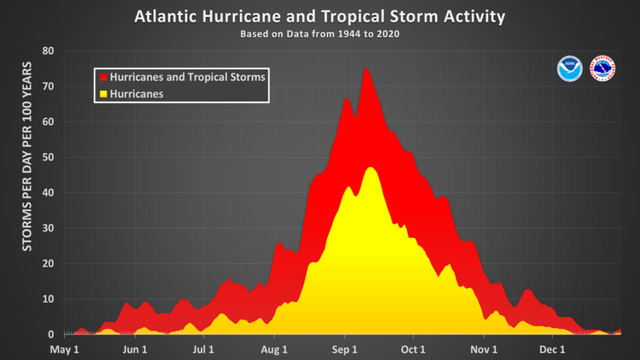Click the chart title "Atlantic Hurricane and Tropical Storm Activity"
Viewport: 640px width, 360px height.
(x=320, y=16)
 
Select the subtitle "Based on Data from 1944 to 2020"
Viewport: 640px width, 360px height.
(x=320, y=34)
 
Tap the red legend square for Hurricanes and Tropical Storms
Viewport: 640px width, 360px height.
(x=102, y=77)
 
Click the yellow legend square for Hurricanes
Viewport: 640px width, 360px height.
(x=102, y=93)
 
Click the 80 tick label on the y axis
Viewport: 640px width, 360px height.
(x=48, y=51)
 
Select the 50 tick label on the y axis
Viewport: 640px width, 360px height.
(x=48, y=158)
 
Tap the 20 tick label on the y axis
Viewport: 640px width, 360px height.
(x=48, y=264)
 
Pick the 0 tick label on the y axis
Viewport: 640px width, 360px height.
(x=51, y=334)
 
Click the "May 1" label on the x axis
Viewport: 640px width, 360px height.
(x=65, y=350)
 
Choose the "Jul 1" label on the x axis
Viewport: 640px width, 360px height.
(x=204, y=350)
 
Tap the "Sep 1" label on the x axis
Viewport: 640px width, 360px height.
(x=345, y=350)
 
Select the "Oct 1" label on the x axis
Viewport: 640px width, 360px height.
(x=413, y=350)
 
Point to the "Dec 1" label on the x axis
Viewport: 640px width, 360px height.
(x=552, y=350)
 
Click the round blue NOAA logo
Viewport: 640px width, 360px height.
(x=570, y=70)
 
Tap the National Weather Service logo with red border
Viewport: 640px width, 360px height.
(x=602, y=70)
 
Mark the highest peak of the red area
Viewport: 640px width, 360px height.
(x=366, y=69)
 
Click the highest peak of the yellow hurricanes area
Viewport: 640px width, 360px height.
(x=370, y=168)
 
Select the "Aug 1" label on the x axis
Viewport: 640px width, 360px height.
(x=274, y=350)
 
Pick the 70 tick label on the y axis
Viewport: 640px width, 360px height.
(x=48, y=86)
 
